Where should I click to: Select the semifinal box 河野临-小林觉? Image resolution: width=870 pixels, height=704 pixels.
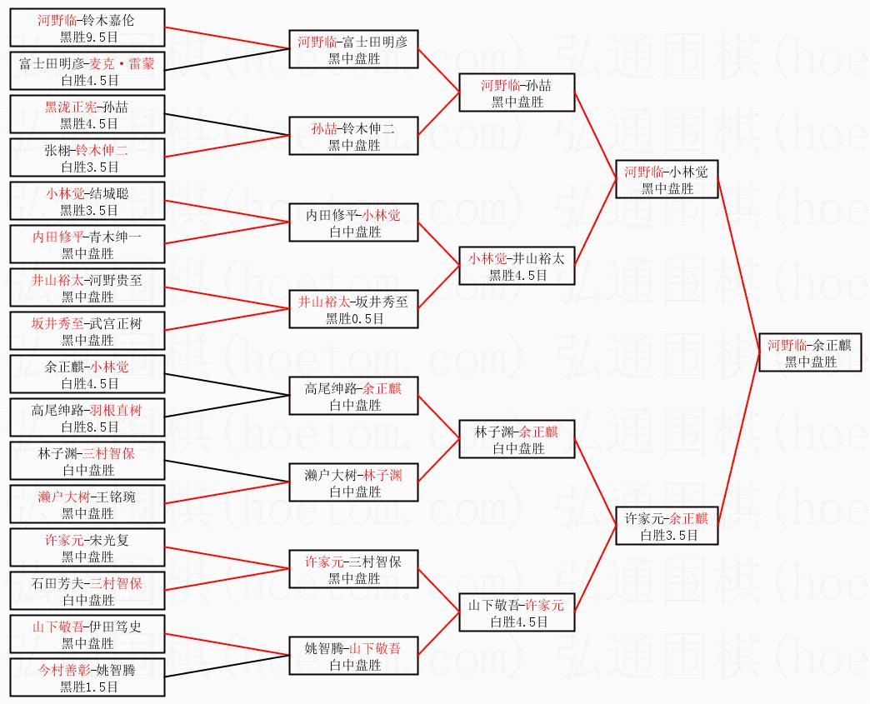pos(666,180)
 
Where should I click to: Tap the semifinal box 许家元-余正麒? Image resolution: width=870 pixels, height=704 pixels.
pos(666,527)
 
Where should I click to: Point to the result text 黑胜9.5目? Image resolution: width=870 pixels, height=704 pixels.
pos(87,37)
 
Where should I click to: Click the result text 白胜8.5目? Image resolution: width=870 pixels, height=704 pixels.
pos(87,427)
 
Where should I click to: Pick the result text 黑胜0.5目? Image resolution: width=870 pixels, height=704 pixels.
pos(354,318)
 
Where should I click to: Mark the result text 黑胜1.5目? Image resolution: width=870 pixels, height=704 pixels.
pos(87,687)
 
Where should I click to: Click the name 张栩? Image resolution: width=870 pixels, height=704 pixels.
pos(59,151)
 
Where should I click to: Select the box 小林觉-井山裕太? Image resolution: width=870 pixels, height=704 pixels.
pos(517,267)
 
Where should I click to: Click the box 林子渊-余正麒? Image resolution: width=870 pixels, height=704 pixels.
pos(517,440)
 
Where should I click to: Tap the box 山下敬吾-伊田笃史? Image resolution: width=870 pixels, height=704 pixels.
pos(87,635)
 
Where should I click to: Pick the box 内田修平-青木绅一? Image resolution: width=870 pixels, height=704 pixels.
pos(87,245)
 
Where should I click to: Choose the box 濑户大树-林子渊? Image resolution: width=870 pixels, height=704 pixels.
pos(353,483)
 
